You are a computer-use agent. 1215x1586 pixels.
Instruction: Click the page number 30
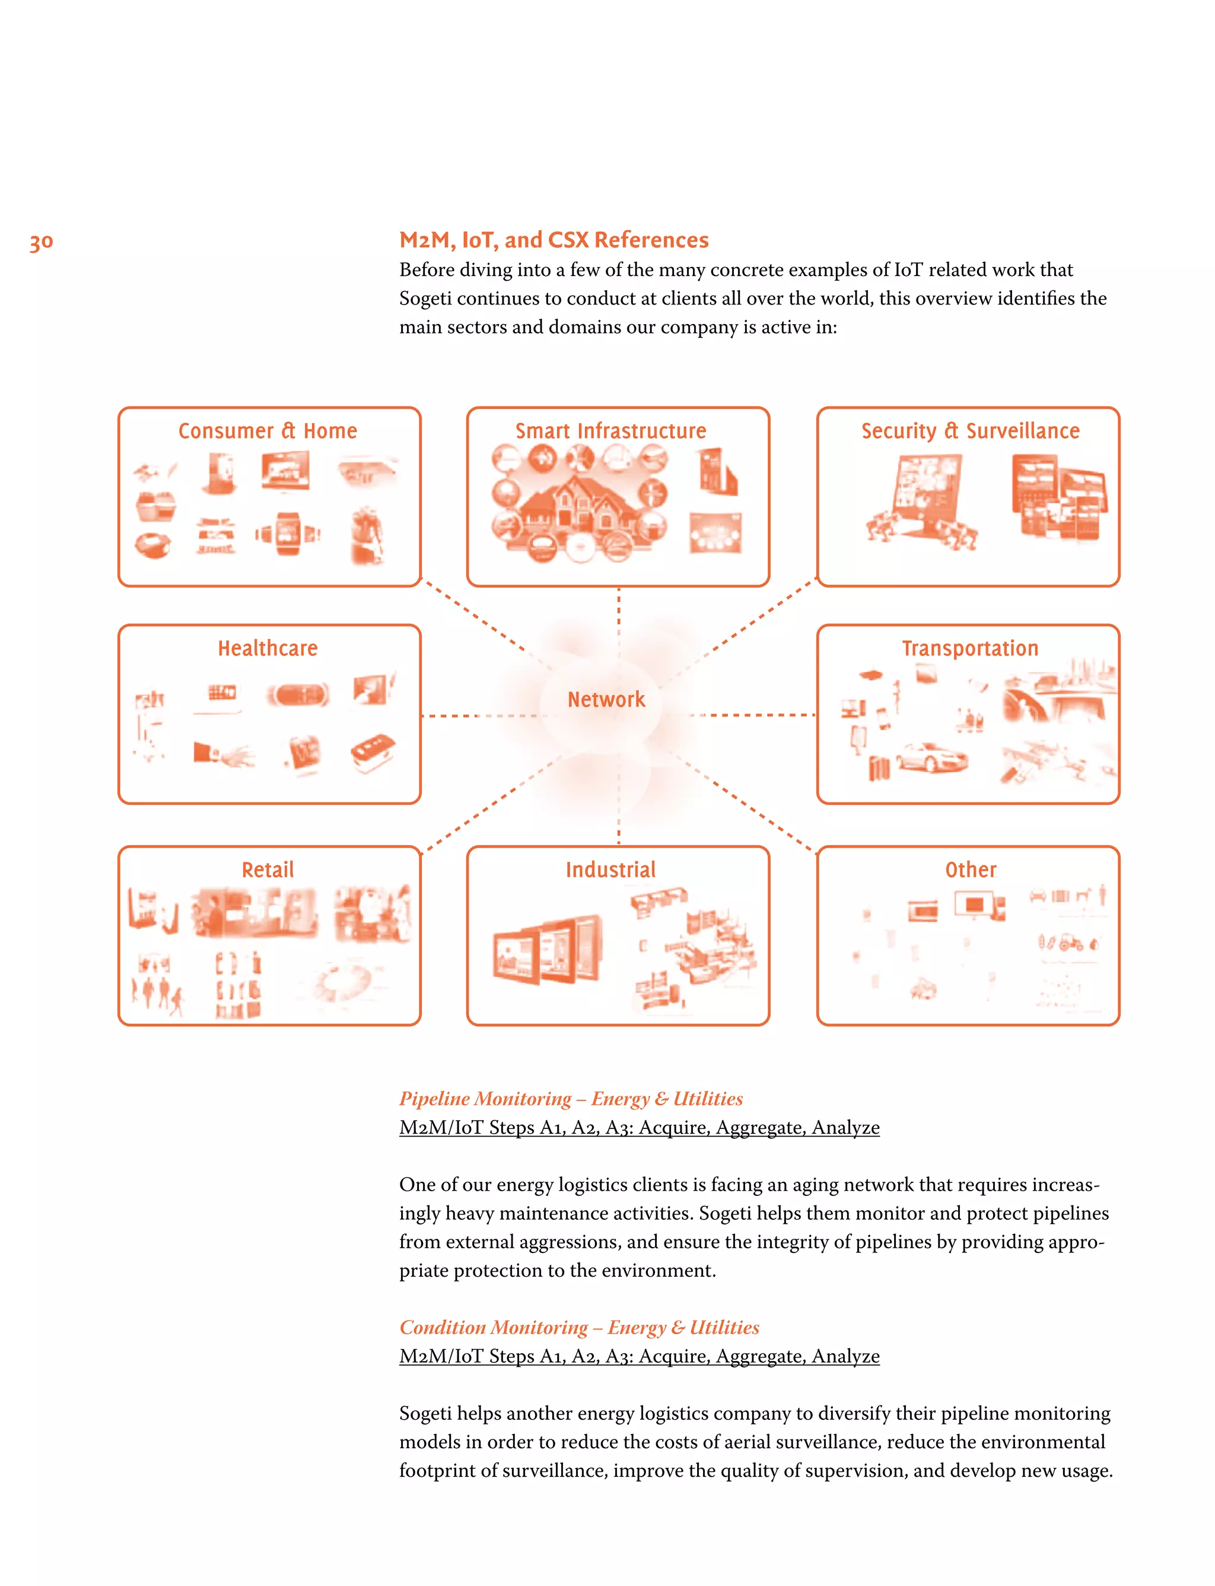coord(41,242)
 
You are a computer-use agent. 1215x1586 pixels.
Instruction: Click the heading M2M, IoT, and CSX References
coord(554,239)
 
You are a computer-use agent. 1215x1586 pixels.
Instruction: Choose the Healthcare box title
coord(268,648)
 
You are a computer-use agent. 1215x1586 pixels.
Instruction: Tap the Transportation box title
coord(969,648)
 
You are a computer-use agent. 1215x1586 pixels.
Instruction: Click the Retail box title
coord(268,869)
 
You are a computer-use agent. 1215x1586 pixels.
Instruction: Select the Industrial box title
coord(610,869)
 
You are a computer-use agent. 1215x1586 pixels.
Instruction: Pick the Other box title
coord(970,869)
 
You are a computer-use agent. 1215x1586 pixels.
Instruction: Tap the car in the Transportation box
coord(931,757)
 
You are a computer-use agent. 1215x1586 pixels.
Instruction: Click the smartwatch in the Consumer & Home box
coord(288,533)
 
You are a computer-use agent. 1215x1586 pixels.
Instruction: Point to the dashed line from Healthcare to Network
coord(478,716)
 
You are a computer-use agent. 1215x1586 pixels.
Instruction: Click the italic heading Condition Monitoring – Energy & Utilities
coord(578,1327)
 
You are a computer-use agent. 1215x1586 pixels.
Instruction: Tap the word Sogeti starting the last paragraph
coord(425,1413)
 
